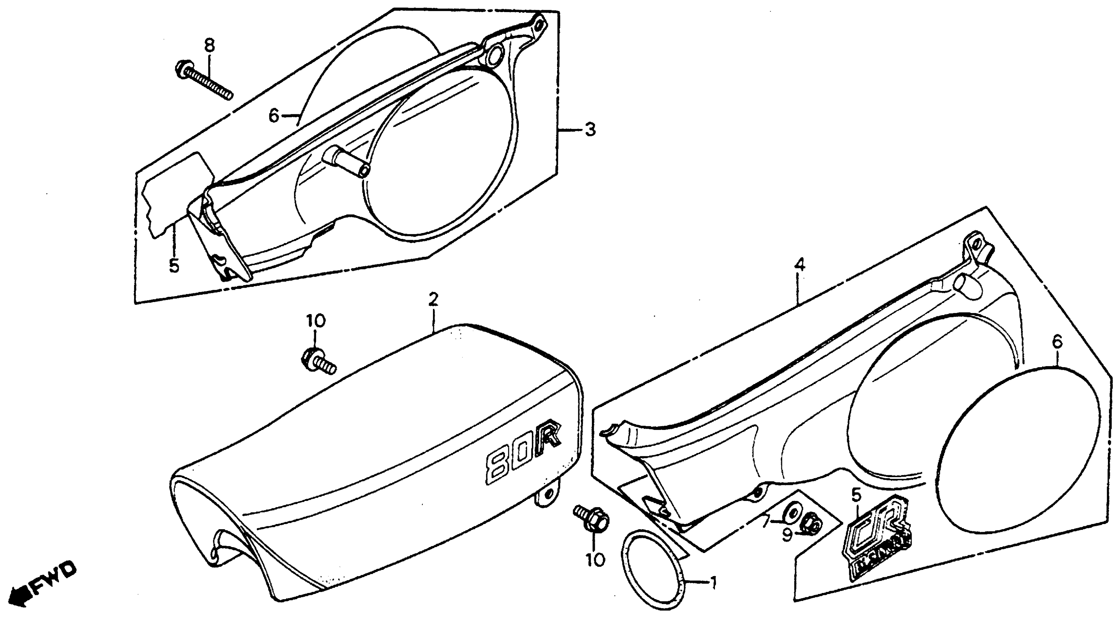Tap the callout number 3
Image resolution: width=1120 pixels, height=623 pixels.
(x=590, y=130)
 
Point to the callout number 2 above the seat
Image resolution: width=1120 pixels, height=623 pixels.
(x=433, y=299)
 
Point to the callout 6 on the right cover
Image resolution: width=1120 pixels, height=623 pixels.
(x=1057, y=342)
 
